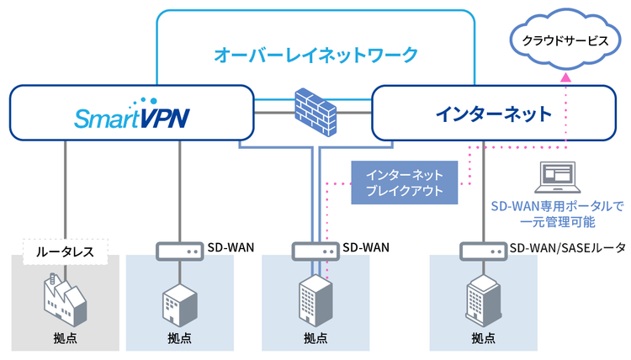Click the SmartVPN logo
pos(130,115)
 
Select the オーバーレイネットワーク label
pos(315,56)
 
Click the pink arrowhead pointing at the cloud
pos(566,77)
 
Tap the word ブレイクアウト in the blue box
pos(405,193)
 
